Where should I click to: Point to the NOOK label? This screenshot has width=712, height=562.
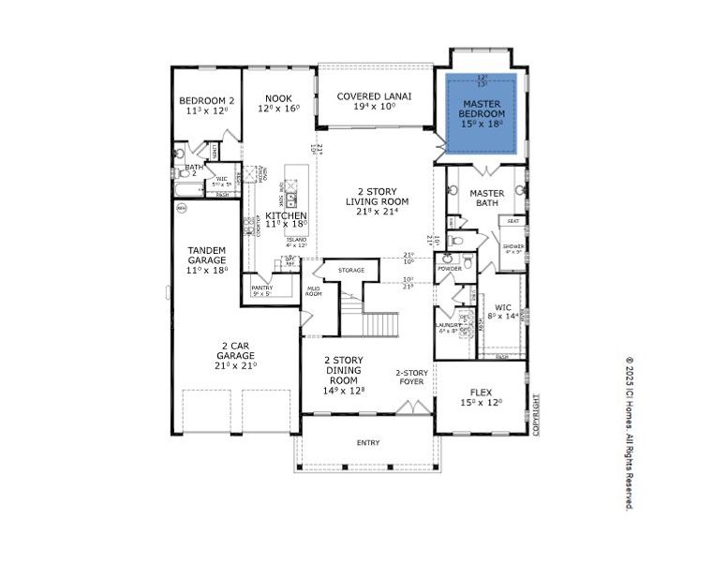tap(278, 98)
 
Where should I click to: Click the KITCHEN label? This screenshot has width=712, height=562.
tap(287, 216)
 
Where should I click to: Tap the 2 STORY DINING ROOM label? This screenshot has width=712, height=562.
tap(344, 368)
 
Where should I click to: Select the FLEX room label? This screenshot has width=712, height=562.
tap(481, 392)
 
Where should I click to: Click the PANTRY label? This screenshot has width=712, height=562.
tap(261, 288)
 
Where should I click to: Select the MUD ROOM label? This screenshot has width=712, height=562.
tap(313, 290)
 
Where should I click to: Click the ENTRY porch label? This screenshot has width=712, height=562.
tap(368, 442)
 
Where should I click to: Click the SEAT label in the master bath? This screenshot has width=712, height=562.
tap(513, 221)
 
